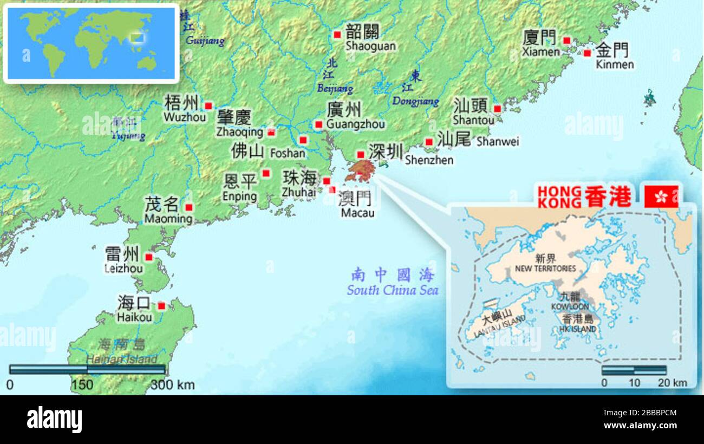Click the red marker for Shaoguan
point(337,35)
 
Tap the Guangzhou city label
point(356,124)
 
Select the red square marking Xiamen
point(566,41)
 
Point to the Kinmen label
point(614,64)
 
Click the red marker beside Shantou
point(497,108)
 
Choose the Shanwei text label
point(497,141)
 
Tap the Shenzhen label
point(429,160)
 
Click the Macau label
point(357,213)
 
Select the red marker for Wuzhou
point(208,106)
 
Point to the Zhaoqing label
point(239,132)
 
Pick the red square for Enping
point(266,173)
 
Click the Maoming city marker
point(189,207)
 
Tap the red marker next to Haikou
point(161,306)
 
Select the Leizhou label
point(124,268)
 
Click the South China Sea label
point(393,290)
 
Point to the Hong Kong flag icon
point(661,197)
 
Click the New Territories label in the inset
point(545,268)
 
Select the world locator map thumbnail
point(91,43)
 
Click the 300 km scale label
point(172,385)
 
